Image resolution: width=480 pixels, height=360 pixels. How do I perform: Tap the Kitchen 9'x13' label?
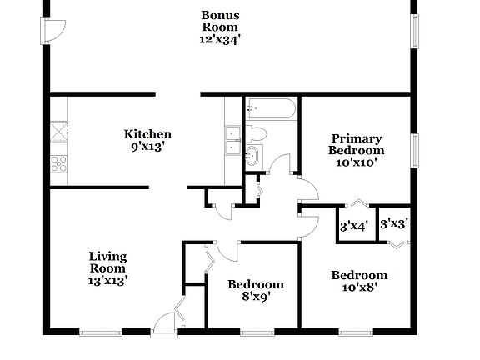147,140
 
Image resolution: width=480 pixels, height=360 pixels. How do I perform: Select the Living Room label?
108,268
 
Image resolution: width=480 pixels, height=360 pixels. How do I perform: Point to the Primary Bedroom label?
357,150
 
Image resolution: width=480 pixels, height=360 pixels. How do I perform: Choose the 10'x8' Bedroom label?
359,281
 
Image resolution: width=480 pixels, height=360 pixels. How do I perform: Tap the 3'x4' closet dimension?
354,225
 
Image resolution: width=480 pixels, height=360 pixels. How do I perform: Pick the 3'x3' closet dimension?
393,223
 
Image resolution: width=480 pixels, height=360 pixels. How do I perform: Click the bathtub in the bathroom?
270,109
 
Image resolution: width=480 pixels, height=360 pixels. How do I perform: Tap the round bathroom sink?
252,155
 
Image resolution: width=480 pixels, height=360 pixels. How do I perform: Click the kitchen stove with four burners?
59,163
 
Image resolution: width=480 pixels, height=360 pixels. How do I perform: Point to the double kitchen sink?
233,141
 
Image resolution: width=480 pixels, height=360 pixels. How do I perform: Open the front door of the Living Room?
166,322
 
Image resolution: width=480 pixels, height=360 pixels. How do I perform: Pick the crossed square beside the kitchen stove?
59,132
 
